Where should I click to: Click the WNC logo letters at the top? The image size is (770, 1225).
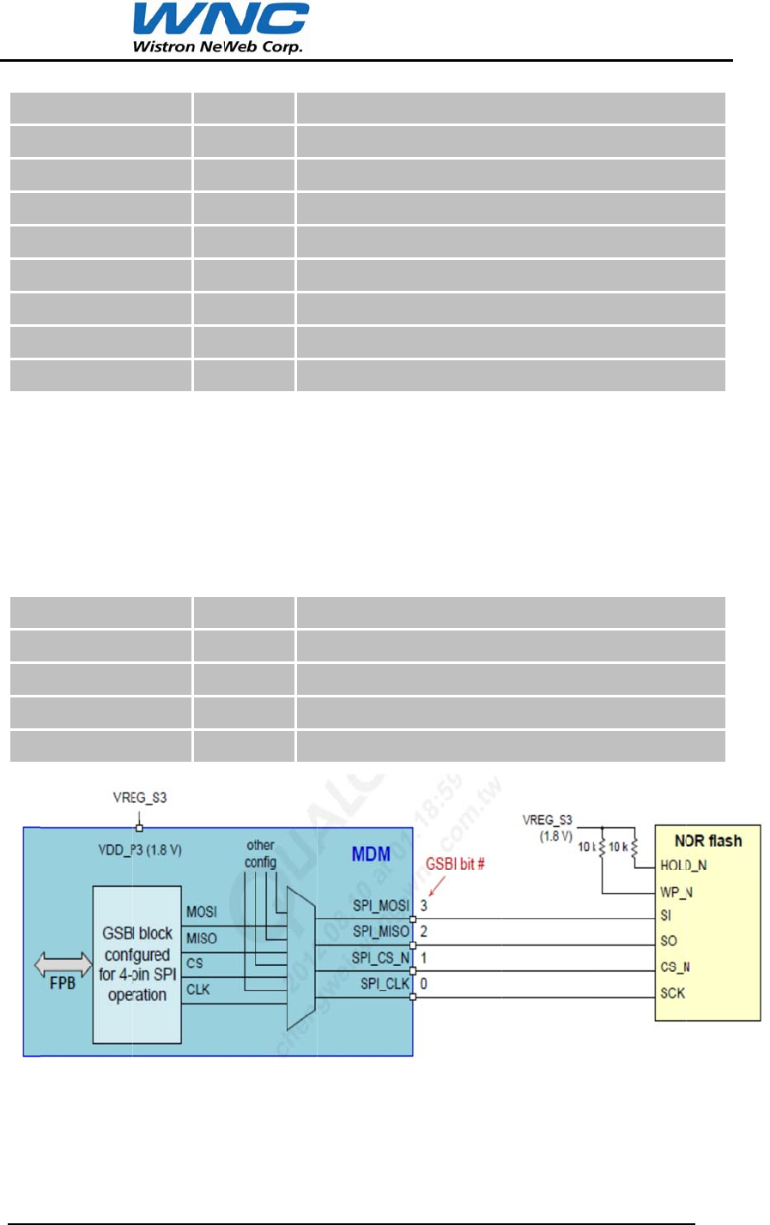pos(221,21)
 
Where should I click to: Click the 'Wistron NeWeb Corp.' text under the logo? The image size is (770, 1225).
pos(217,46)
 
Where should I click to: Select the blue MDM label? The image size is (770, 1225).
pos(371,854)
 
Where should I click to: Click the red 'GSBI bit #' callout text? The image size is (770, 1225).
pos(455,864)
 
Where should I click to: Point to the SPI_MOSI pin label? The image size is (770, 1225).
pos(381,906)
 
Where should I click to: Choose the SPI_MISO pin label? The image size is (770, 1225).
pos(381,932)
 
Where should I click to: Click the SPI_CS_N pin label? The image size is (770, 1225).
pos(381,957)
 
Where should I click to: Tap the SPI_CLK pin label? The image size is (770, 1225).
pos(385,983)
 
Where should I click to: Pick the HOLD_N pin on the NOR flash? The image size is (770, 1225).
pos(683,866)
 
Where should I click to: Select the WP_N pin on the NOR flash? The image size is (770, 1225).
pos(676,892)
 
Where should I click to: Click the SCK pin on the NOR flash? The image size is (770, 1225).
pos(672,993)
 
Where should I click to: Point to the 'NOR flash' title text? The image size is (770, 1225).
pos(708,841)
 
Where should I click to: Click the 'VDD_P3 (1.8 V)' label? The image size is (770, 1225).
pos(140,850)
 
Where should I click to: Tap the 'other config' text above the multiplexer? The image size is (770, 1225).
pos(260,854)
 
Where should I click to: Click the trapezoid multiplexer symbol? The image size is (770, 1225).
pos(300,959)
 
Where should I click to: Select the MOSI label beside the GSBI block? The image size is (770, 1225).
pos(202,912)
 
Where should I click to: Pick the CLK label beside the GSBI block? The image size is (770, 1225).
pos(198,989)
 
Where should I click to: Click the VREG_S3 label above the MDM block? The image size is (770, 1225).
pos(140,798)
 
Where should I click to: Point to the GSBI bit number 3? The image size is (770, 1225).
pos(424,906)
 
